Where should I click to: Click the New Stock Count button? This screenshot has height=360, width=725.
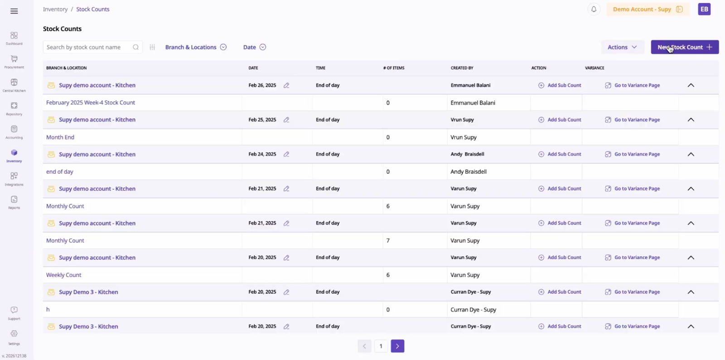[684, 47]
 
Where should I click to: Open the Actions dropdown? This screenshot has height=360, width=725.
[622, 47]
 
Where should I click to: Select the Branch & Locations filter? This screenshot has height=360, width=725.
[195, 47]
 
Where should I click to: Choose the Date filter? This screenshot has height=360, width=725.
[254, 47]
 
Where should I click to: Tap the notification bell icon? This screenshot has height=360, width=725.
[594, 9]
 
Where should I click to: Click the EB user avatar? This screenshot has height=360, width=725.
[704, 9]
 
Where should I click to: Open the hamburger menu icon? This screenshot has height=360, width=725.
[14, 11]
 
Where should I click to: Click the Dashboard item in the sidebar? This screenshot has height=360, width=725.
[14, 38]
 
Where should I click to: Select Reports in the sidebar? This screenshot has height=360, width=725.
[14, 202]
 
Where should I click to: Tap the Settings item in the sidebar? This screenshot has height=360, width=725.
[14, 337]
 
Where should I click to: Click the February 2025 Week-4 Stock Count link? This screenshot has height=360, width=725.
[91, 102]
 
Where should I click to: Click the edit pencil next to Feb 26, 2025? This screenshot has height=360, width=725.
[286, 85]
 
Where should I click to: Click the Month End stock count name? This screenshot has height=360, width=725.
[60, 137]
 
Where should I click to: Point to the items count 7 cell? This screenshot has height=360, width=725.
[388, 240]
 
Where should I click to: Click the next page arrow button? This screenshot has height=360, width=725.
[397, 346]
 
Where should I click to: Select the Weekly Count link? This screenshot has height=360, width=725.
[64, 275]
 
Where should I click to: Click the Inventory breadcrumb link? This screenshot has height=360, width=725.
[55, 9]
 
